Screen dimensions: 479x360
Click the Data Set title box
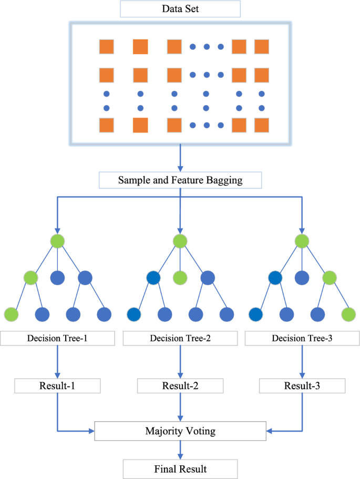pyautogui.click(x=180, y=9)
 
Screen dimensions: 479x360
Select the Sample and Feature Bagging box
pyautogui.click(x=180, y=181)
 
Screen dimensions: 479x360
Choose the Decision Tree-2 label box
pyautogui.click(x=180, y=337)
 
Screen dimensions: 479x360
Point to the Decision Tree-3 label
pyautogui.click(x=302, y=337)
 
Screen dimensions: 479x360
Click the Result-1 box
pyautogui.click(x=57, y=386)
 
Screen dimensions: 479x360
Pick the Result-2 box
pyautogui.click(x=180, y=386)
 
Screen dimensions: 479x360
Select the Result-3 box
pyautogui.click(x=302, y=386)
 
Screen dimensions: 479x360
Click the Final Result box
pyautogui.click(x=180, y=468)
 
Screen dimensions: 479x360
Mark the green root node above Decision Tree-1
pyautogui.click(x=57, y=242)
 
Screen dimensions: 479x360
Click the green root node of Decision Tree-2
pyautogui.click(x=180, y=242)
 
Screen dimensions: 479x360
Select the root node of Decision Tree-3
pyautogui.click(x=302, y=242)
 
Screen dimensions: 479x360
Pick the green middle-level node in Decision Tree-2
pyautogui.click(x=180, y=277)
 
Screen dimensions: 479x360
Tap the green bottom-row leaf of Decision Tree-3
pyautogui.click(x=348, y=314)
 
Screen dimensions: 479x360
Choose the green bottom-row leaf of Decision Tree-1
pyautogui.click(x=11, y=314)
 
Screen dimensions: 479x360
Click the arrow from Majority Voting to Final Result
pyautogui.click(x=180, y=450)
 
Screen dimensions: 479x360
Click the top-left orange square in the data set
pyautogui.click(x=107, y=47)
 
